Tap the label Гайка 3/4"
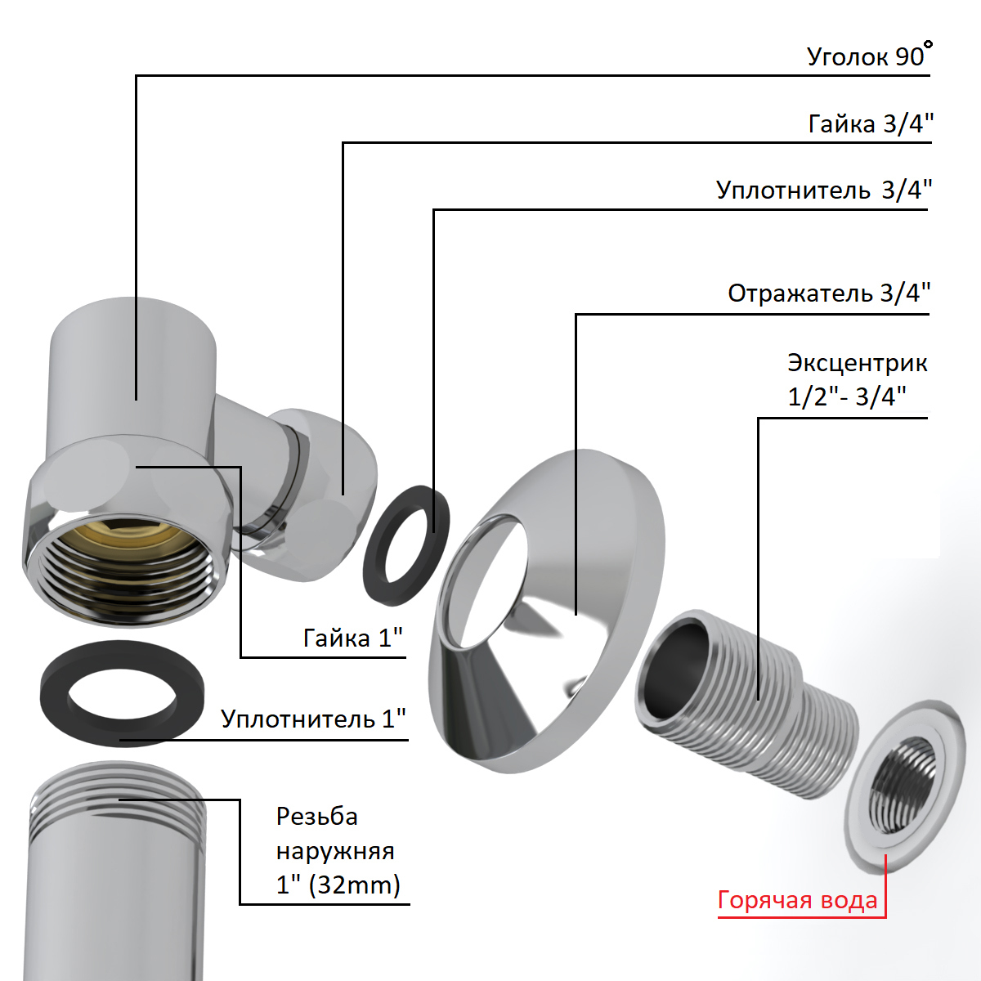click(x=870, y=123)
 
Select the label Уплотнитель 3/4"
click(x=823, y=190)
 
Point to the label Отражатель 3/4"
click(x=829, y=293)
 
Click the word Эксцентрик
click(x=857, y=362)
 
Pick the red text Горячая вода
click(x=797, y=901)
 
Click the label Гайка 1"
click(x=353, y=638)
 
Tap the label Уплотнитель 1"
click(x=313, y=719)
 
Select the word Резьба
click(x=317, y=817)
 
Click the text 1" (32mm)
click(x=338, y=885)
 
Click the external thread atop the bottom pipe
click(x=119, y=801)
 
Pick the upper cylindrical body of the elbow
click(x=135, y=360)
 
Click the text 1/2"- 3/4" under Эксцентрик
click(x=847, y=396)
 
